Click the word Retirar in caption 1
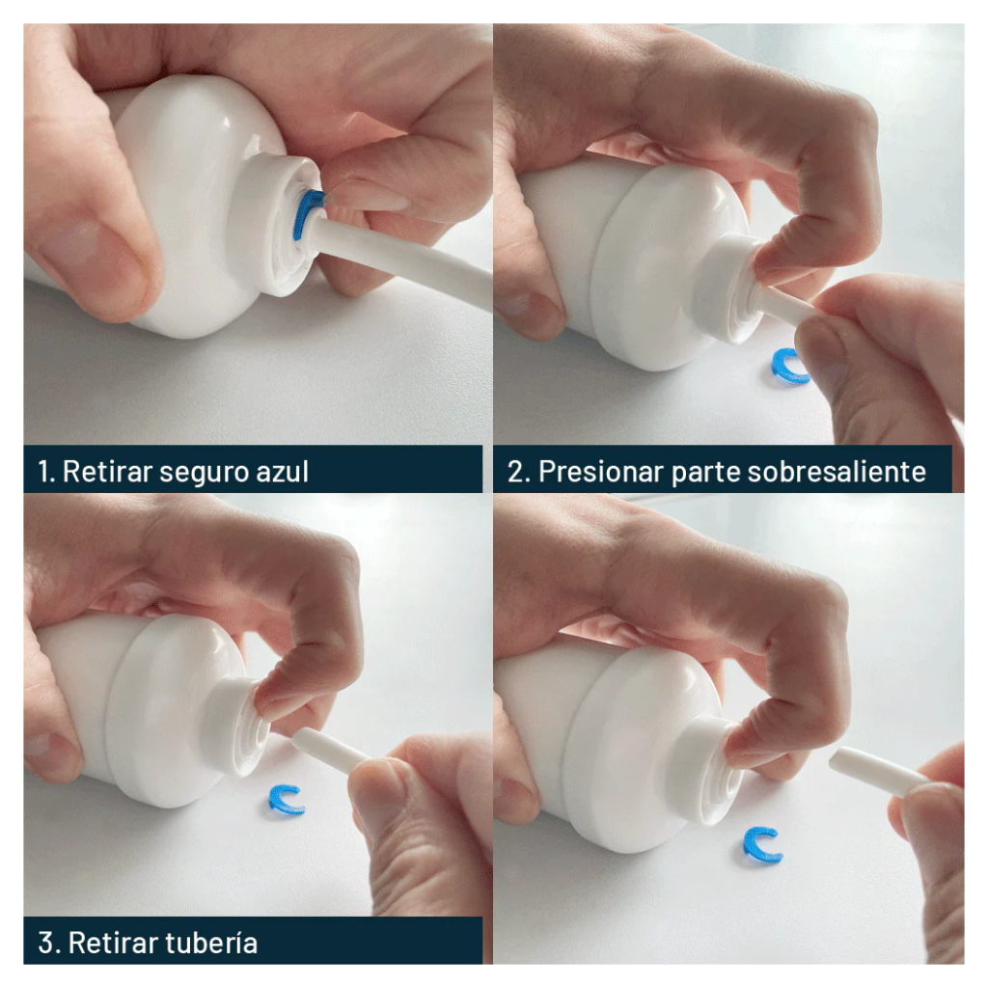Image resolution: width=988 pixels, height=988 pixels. coord(107,471)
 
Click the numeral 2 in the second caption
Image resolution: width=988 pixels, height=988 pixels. coord(516,472)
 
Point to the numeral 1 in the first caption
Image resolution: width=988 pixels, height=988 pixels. coord(43,472)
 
